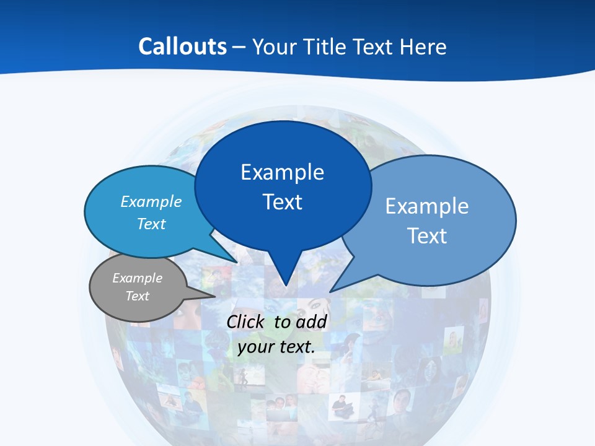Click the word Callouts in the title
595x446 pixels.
[x=183, y=46]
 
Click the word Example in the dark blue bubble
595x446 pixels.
[x=282, y=172]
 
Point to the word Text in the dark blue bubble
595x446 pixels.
[x=282, y=202]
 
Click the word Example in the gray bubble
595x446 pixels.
[x=138, y=278]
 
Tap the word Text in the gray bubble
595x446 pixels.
[x=138, y=296]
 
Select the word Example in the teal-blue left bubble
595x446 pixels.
[x=151, y=201]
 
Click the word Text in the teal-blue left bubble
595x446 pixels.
[x=151, y=224]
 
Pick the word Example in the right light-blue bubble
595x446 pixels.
[x=427, y=206]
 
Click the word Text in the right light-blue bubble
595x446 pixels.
[x=427, y=236]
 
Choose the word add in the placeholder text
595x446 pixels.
[x=311, y=322]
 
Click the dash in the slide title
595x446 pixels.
[x=239, y=47]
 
